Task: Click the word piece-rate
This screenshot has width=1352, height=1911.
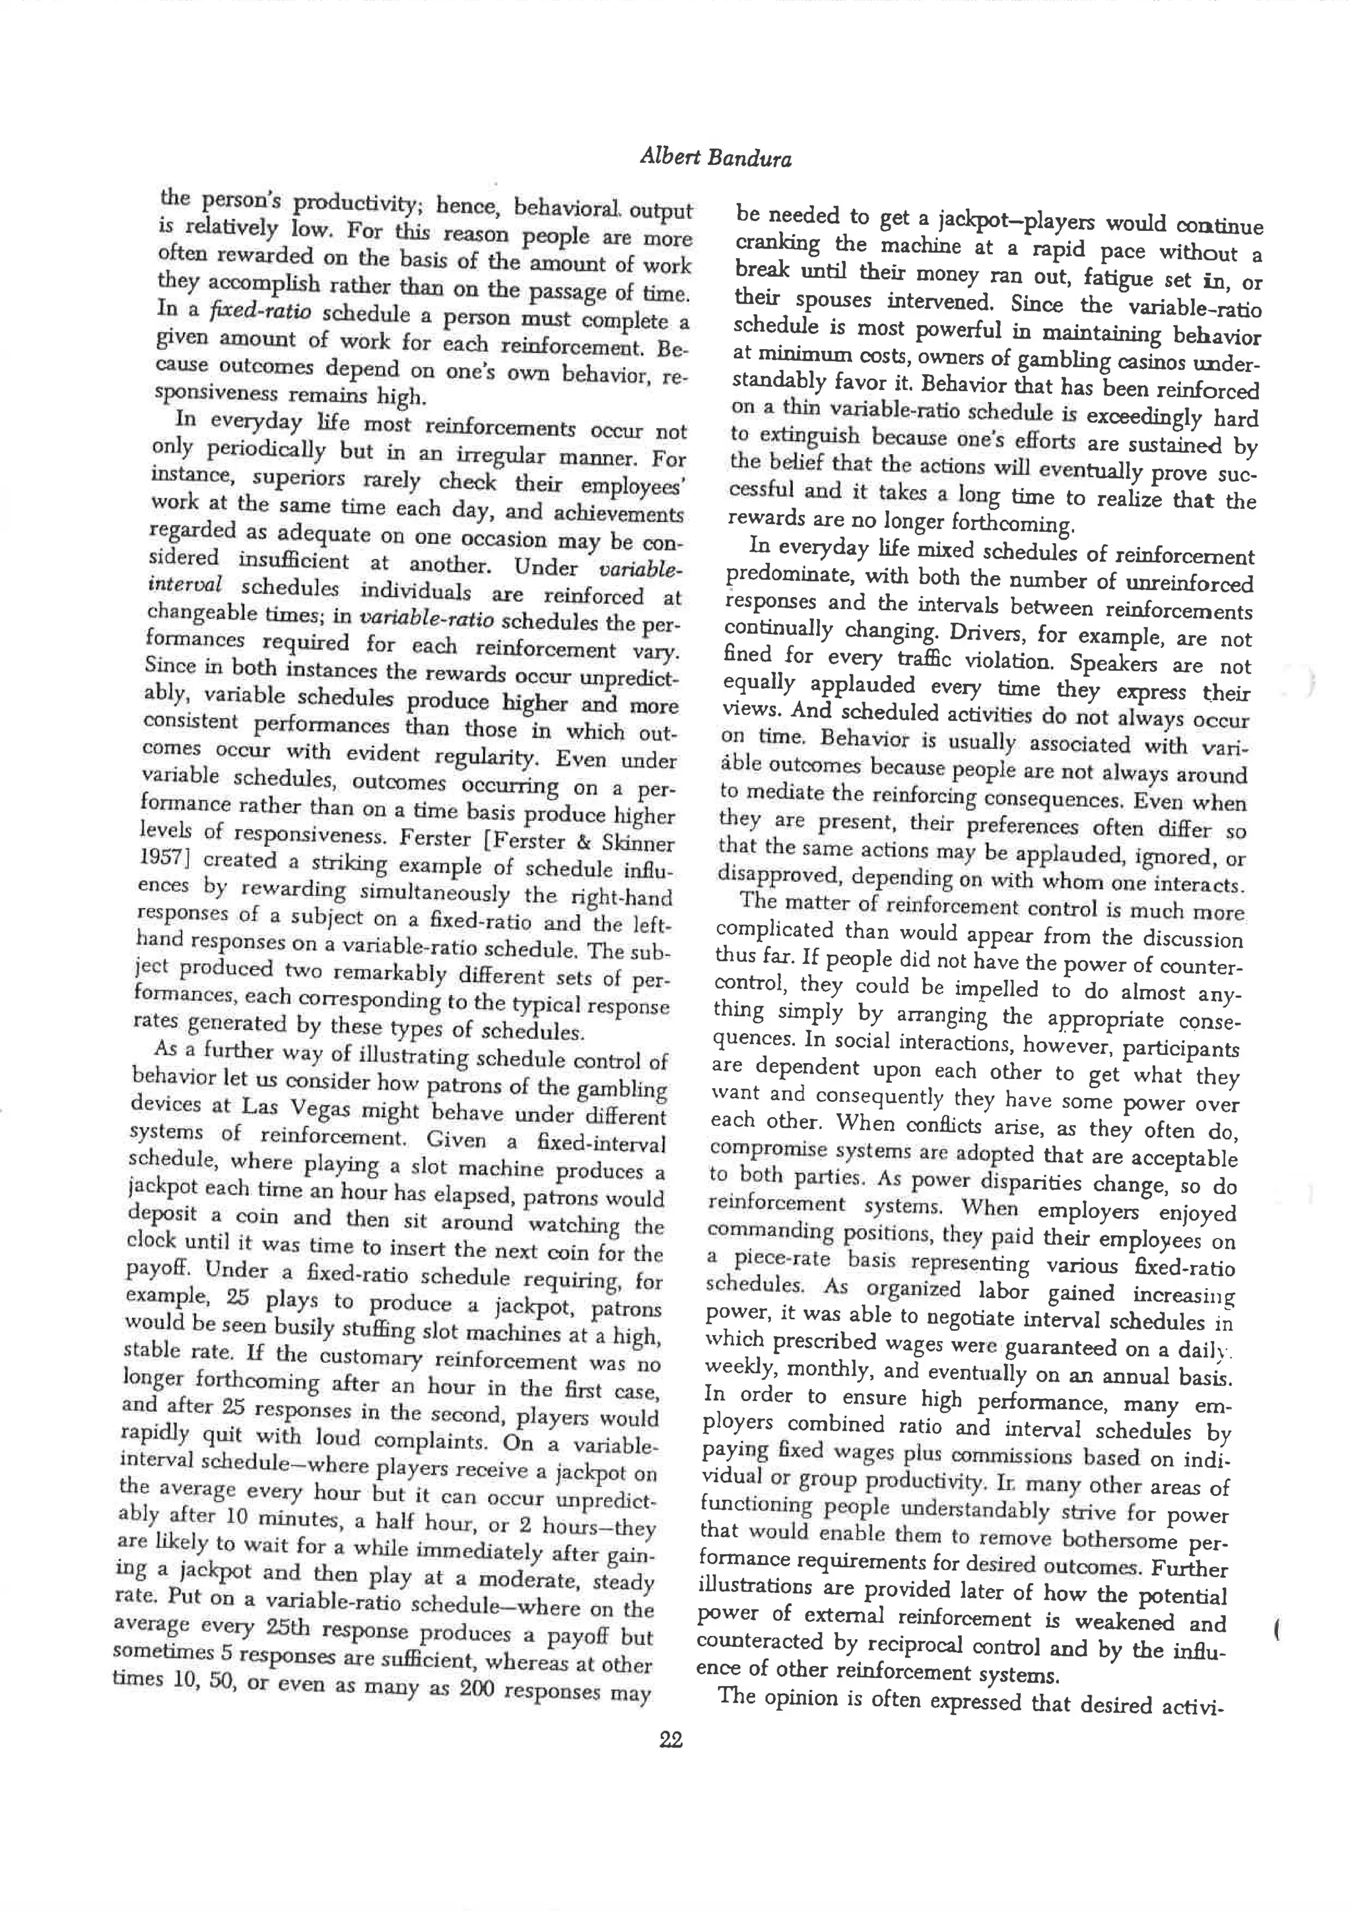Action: [774, 1259]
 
